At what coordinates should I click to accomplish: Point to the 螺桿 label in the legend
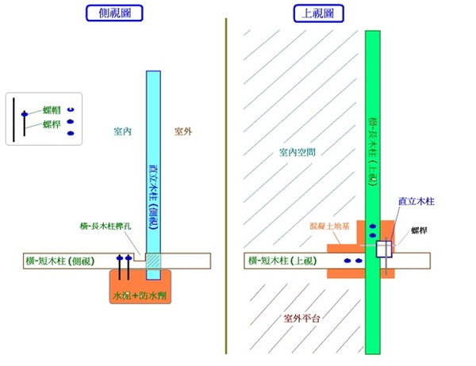click(52, 124)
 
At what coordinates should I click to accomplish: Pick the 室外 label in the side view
click(185, 130)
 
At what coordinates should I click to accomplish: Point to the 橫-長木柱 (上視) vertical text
click(372, 151)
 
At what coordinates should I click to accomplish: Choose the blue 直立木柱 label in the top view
click(416, 201)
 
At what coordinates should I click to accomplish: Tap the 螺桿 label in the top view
click(420, 231)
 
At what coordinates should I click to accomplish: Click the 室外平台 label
click(301, 318)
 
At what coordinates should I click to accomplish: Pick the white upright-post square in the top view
click(383, 250)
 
